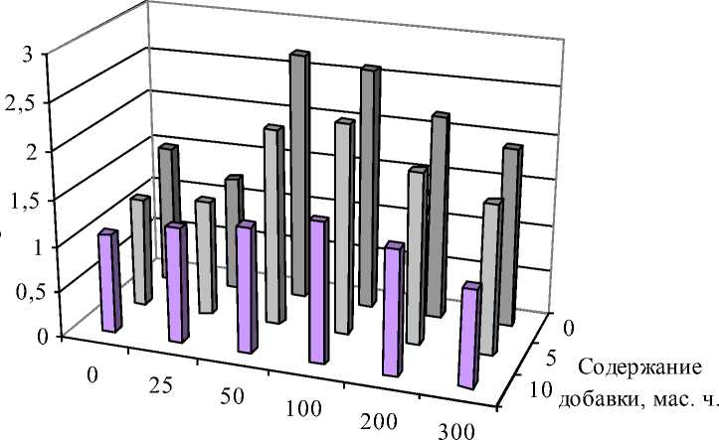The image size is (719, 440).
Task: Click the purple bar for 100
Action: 319,290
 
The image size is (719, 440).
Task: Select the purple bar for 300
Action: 468,336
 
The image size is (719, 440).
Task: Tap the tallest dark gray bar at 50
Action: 299,174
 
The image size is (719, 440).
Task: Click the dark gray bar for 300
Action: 510,234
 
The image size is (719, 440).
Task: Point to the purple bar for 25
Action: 177,283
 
